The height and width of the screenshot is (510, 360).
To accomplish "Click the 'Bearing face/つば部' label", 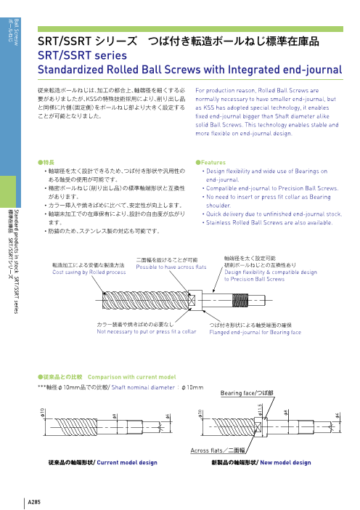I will click(247, 393).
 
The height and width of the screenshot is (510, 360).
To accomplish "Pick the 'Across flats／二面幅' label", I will click(218, 451).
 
